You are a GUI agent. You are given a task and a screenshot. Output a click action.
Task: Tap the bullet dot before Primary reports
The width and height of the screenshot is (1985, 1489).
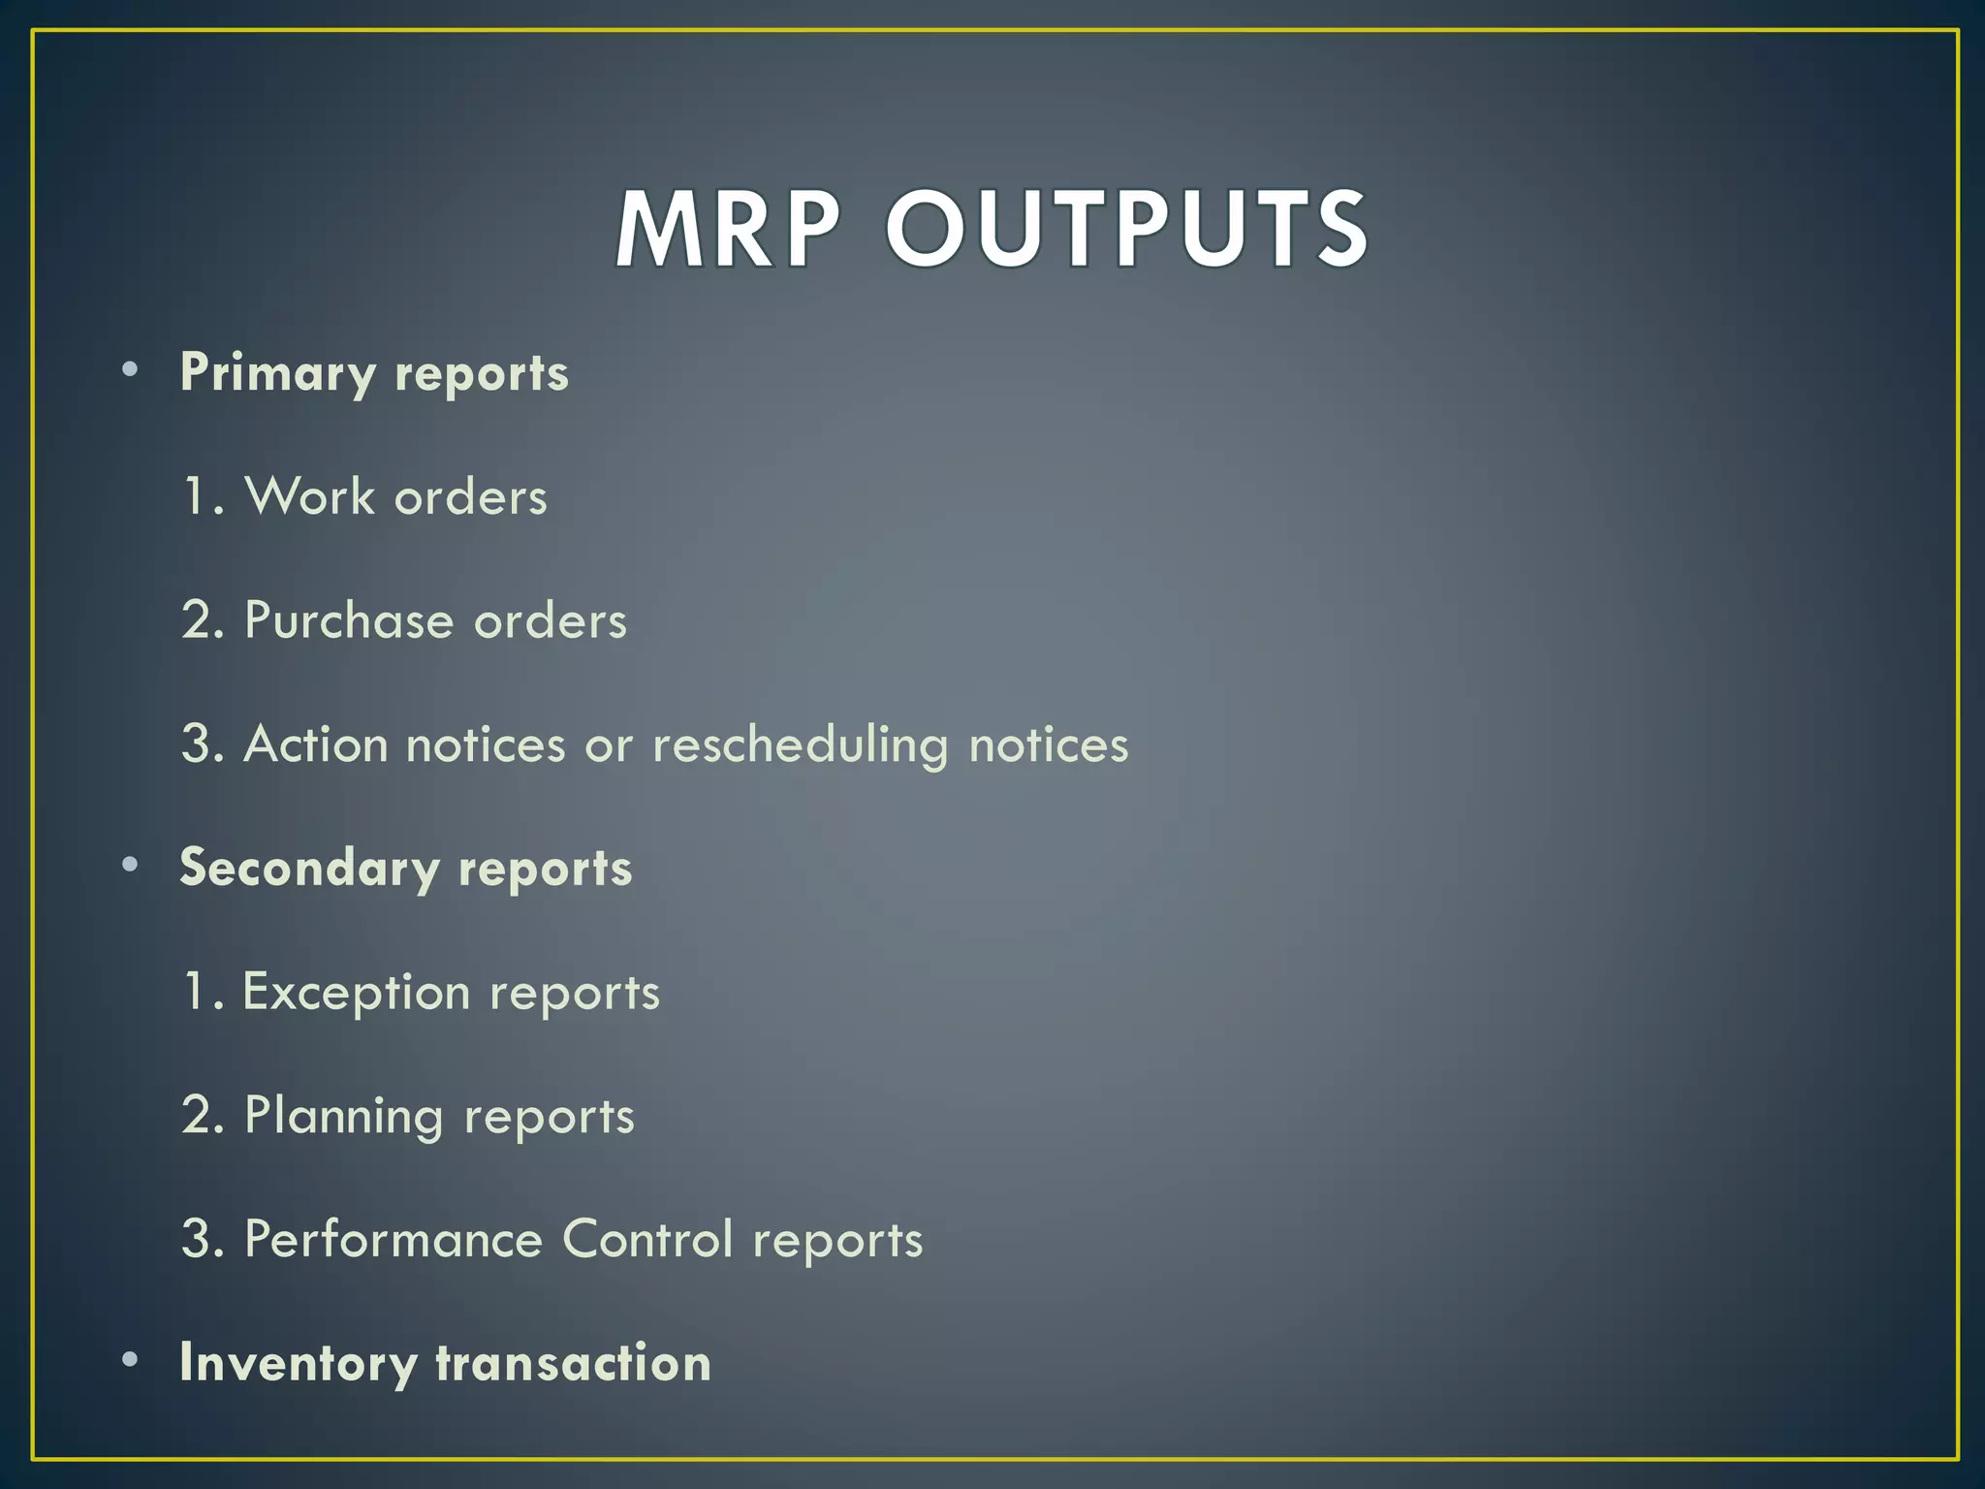pos(130,369)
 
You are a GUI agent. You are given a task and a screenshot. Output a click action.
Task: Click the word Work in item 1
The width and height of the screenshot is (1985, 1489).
pos(309,496)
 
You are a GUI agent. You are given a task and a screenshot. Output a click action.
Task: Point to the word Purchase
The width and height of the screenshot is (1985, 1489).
pos(348,620)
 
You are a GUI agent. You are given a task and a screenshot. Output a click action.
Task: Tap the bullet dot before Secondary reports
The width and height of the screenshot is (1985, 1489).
pos(130,865)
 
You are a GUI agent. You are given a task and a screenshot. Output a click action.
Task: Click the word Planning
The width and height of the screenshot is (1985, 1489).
pos(343,1117)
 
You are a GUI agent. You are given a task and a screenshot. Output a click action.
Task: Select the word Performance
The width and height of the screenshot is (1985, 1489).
pos(393,1240)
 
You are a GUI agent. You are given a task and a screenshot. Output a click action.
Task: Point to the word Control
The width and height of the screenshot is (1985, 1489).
pos(647,1240)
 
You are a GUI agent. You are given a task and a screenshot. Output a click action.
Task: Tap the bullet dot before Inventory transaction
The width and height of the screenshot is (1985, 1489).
pos(130,1360)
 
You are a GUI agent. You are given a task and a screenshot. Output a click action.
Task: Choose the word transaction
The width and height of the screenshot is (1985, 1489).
pos(573,1363)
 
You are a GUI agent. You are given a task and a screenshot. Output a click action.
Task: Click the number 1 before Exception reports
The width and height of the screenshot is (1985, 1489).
pos(195,993)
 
